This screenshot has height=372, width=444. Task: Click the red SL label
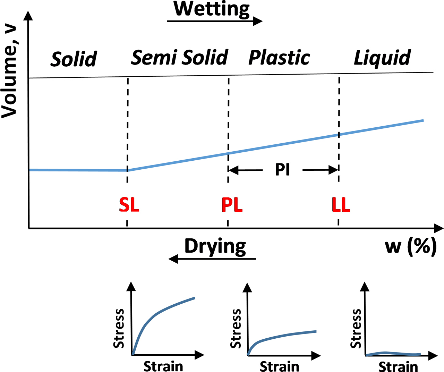click(x=129, y=205)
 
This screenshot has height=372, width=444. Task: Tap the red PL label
click(x=232, y=205)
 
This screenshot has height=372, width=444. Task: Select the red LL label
click(x=341, y=205)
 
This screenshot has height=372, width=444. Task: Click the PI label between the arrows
click(x=283, y=170)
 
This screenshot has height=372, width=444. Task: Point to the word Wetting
click(x=212, y=9)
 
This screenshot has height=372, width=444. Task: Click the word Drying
click(x=215, y=246)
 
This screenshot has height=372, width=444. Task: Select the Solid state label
click(x=74, y=59)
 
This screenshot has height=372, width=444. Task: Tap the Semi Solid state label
click(x=179, y=58)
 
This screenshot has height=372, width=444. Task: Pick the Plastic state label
click(x=279, y=58)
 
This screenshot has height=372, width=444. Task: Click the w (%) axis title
click(x=411, y=247)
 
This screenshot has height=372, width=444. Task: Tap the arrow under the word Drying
click(x=212, y=259)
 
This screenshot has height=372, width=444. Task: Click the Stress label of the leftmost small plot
click(x=119, y=328)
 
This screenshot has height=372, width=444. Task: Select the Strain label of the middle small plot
click(x=279, y=366)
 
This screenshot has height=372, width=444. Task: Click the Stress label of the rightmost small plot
click(x=356, y=328)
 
